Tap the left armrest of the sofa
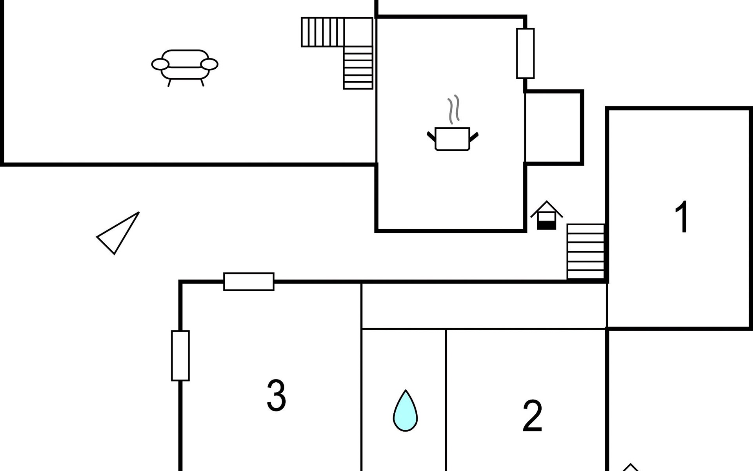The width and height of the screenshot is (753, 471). pos(160,64)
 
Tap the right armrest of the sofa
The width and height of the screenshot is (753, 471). pos(209,64)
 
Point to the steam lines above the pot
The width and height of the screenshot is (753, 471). pos(453,109)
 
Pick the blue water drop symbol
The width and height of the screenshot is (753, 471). pos(405,411)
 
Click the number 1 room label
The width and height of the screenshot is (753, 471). pos(682,217)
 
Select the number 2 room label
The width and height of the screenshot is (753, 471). pos(532,416)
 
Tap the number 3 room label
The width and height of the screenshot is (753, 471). pos(276,395)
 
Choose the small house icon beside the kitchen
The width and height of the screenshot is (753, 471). pos(546,215)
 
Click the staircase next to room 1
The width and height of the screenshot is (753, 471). pos(586,252)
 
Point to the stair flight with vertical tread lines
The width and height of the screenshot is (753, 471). pos(322,32)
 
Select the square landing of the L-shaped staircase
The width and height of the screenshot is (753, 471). pos(358,32)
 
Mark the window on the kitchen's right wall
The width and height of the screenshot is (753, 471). pos(525,53)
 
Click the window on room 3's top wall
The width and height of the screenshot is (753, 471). pos(249,281)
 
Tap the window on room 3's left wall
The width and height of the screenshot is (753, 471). pos(180,356)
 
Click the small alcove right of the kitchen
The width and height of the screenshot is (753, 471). pos(553,128)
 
